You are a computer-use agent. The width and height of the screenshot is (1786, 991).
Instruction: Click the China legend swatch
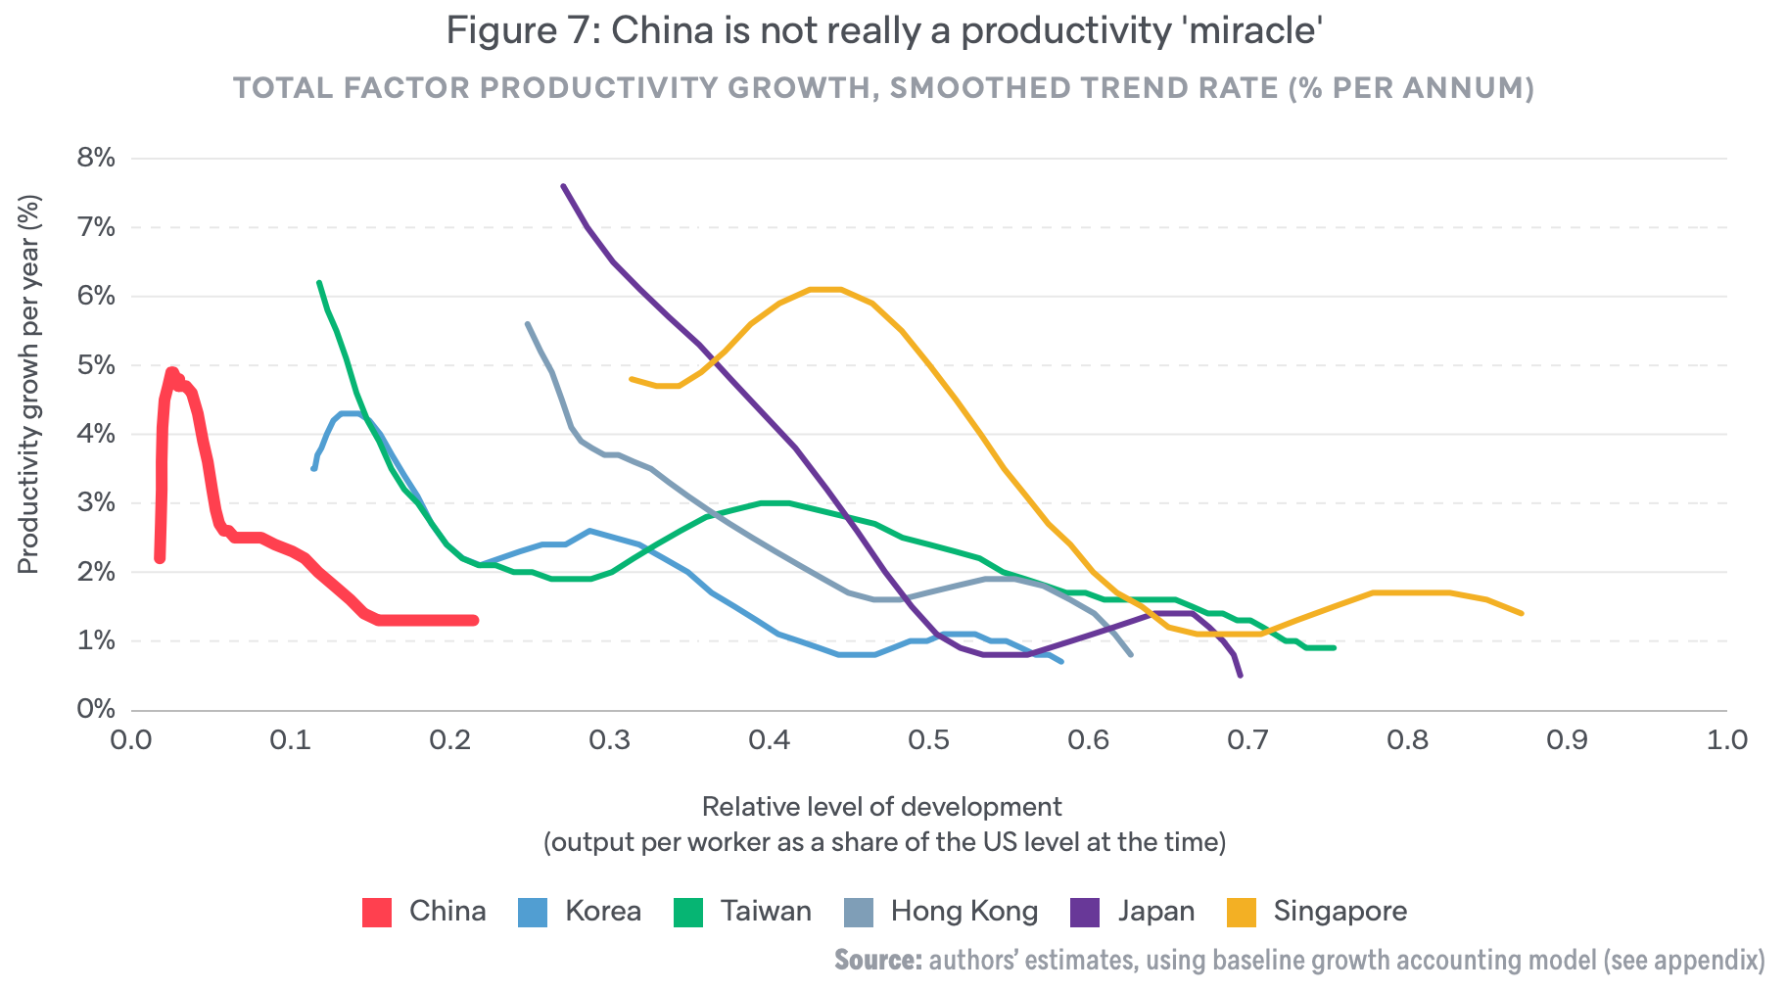pyautogui.click(x=377, y=912)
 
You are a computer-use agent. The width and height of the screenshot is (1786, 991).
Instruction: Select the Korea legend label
pyautogui.click(x=602, y=912)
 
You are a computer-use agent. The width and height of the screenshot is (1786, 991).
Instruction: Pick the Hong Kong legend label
pyautogui.click(x=963, y=912)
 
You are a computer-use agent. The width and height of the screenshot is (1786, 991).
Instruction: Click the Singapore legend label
pyautogui.click(x=1339, y=912)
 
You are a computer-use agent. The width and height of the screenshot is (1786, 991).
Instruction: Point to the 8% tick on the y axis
pyautogui.click(x=96, y=159)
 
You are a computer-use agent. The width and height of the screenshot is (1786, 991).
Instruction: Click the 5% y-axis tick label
pyautogui.click(x=96, y=365)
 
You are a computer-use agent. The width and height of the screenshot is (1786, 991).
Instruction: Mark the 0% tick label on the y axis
pyautogui.click(x=96, y=709)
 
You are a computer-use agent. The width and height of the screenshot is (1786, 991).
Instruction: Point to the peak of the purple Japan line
pyautogui.click(x=563, y=186)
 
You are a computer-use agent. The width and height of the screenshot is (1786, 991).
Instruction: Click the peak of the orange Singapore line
pyautogui.click(x=825, y=289)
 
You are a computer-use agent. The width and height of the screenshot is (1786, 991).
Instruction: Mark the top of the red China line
pyautogui.click(x=171, y=371)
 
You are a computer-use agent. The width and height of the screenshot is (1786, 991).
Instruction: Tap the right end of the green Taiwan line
pyautogui.click(x=1334, y=647)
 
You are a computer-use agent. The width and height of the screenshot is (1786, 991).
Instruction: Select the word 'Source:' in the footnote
pyautogui.click(x=877, y=960)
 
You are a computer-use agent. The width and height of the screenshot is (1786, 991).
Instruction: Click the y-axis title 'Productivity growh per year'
pyautogui.click(x=29, y=384)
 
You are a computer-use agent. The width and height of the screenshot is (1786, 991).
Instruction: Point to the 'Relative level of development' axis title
pyautogui.click(x=881, y=807)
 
